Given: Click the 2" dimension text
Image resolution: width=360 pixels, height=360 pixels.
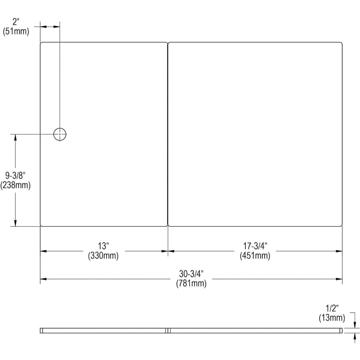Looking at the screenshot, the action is coord(16,22).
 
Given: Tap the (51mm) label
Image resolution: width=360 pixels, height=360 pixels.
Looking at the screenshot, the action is coord(16,31).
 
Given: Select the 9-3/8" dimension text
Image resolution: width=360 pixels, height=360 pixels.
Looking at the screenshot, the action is coord(15,176).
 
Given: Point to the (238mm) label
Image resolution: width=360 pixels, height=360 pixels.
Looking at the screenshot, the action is coord(15,185).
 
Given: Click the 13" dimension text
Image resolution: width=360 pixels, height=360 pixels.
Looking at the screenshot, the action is coord(103,246).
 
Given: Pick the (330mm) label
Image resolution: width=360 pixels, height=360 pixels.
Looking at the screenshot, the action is coord(103,256).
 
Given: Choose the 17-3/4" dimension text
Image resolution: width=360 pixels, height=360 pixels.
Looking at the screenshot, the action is coord(255,246).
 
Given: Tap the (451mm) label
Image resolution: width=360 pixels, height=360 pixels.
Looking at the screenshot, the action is coord(255,256).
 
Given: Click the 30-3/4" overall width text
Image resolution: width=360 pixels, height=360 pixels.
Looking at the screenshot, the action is coord(191,274).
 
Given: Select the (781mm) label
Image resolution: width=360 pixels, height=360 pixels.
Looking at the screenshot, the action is coord(191,283).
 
